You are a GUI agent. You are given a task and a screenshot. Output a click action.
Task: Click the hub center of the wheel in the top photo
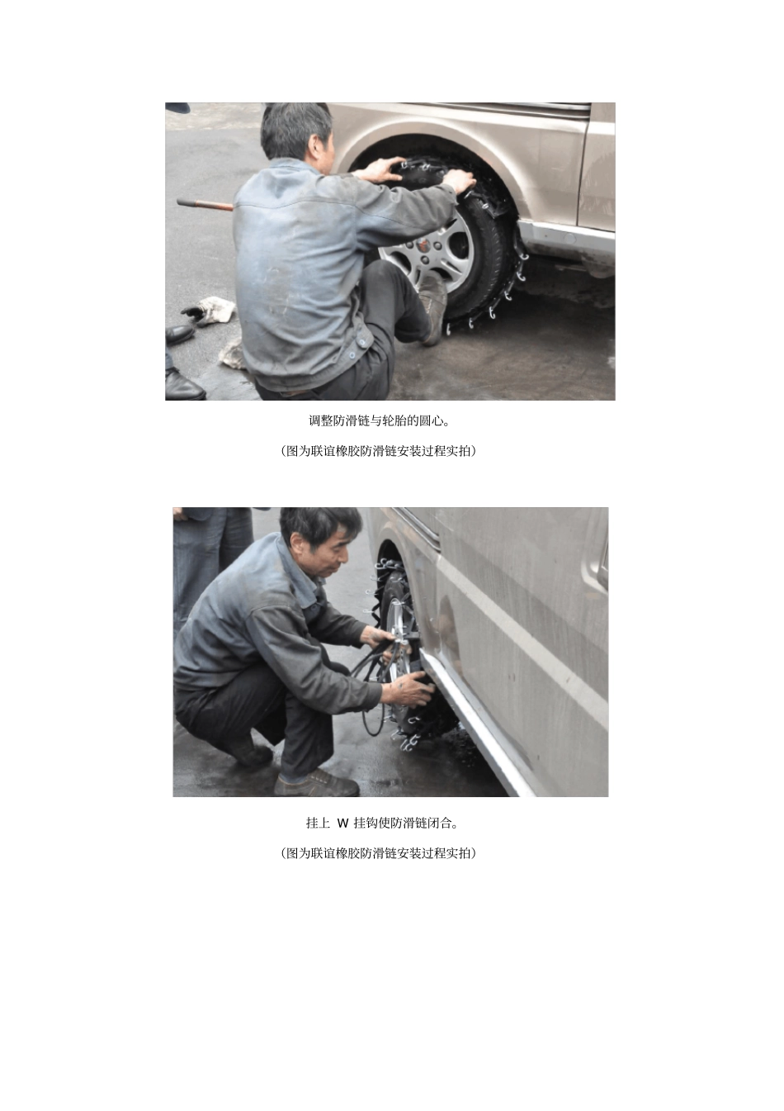423,245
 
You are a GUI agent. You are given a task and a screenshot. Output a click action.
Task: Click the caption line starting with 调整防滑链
379,421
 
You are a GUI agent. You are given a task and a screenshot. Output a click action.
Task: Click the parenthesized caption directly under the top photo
378,451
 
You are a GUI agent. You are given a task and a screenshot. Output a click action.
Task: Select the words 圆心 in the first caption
431,421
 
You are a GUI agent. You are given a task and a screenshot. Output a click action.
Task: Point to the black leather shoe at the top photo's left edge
179,334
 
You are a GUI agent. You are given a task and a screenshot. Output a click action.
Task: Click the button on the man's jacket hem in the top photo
352,354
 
